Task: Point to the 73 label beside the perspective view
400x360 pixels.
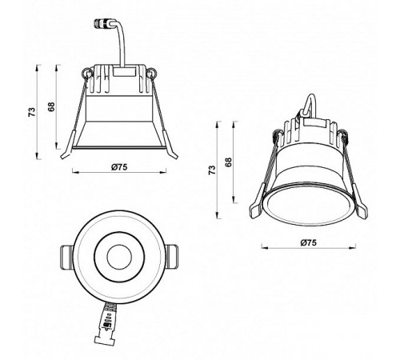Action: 212,169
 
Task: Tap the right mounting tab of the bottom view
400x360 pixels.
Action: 174,257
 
